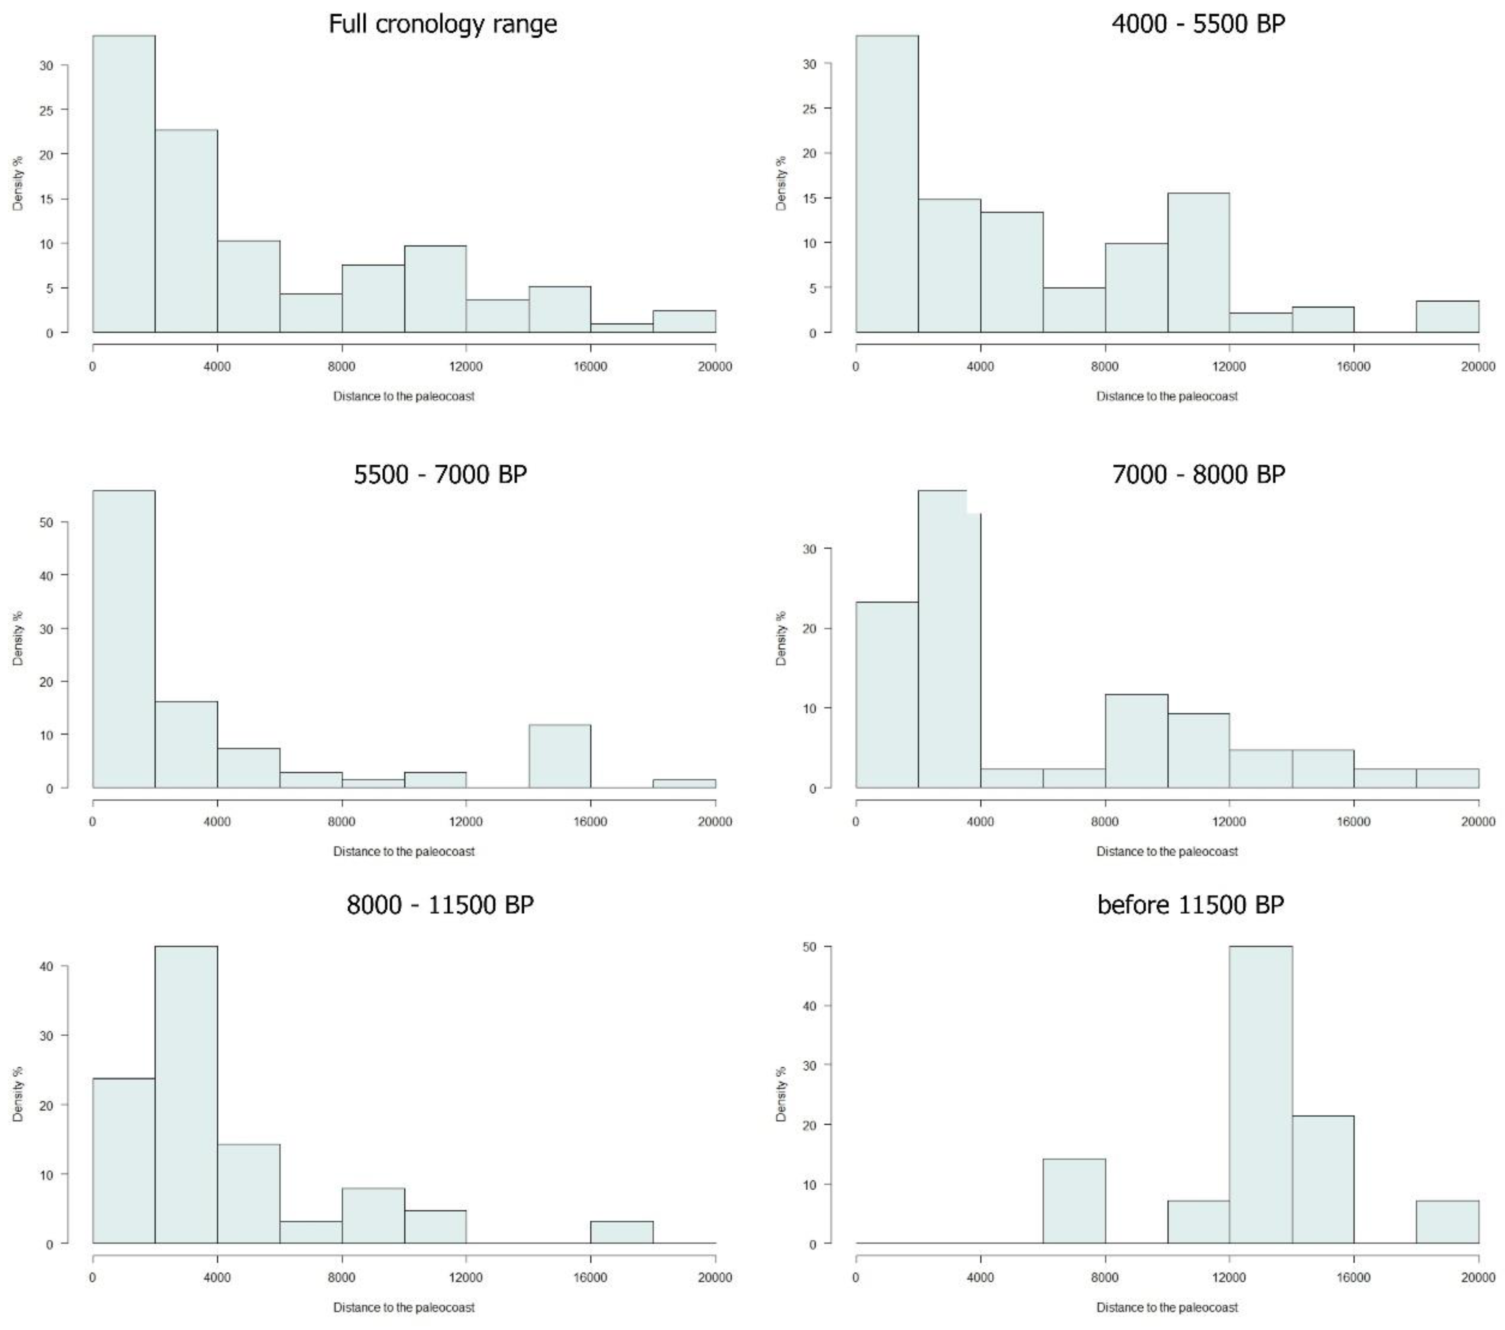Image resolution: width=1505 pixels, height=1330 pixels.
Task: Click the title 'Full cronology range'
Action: click(442, 24)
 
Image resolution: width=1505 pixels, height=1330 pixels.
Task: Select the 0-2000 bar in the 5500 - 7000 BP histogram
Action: click(124, 639)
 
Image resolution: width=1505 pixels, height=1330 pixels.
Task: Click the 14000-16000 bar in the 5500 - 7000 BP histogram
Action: click(559, 756)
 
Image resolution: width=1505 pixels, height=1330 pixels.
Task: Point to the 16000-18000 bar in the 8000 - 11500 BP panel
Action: click(621, 1232)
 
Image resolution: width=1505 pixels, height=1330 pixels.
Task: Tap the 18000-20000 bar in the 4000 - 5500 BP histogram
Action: click(1447, 317)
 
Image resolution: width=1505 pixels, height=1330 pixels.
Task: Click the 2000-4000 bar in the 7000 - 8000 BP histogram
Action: click(949, 639)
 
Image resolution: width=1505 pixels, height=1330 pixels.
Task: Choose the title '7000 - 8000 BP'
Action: click(1198, 474)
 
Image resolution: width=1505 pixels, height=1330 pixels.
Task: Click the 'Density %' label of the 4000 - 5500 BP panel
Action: click(781, 183)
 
